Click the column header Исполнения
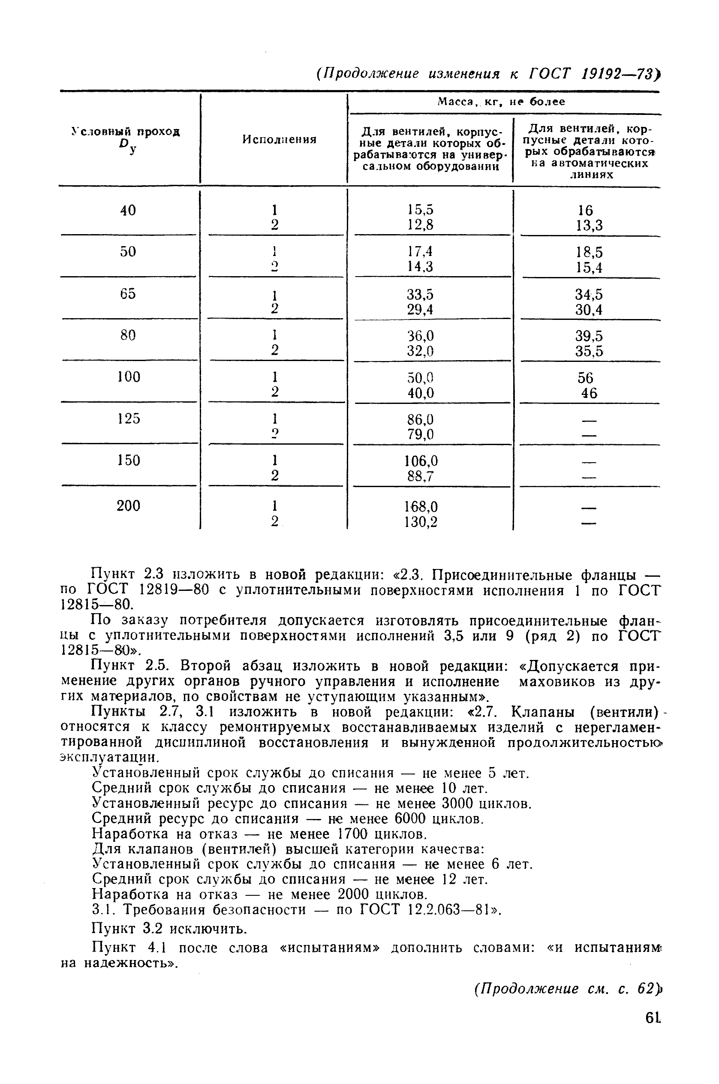(x=279, y=139)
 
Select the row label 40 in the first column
(x=128, y=211)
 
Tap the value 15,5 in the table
(x=421, y=210)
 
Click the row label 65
(x=128, y=293)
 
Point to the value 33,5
(x=421, y=295)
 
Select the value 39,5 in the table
(x=589, y=336)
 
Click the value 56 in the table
(x=586, y=378)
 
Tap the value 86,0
(x=421, y=419)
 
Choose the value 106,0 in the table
(x=421, y=461)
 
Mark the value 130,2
(x=421, y=522)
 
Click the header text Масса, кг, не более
(x=501, y=102)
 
